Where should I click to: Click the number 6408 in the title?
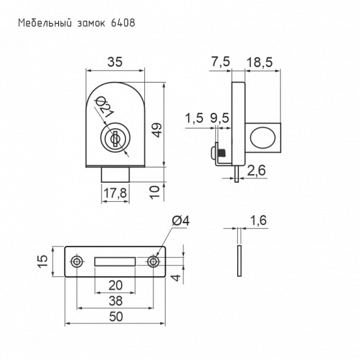click(x=123, y=23)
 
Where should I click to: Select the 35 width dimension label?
click(x=115, y=62)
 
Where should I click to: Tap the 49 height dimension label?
click(x=157, y=130)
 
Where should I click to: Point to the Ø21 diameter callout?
click(x=105, y=107)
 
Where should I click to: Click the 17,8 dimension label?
click(x=115, y=193)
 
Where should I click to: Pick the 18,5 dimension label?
click(x=259, y=62)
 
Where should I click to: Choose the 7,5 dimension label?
click(x=220, y=62)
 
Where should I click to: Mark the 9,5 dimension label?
click(x=219, y=118)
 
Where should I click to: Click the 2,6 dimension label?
click(x=256, y=170)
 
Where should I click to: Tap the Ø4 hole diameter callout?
click(x=181, y=221)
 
